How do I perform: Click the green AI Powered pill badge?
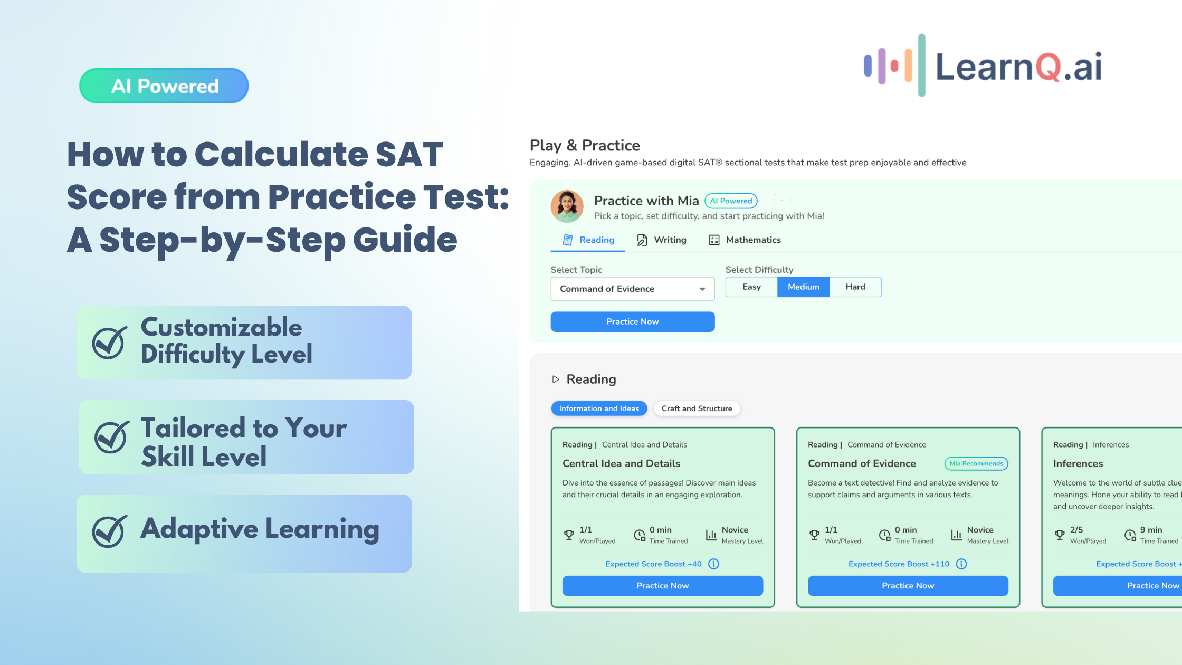click(x=164, y=85)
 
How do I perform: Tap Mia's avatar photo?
click(x=567, y=206)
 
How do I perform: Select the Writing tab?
click(x=662, y=240)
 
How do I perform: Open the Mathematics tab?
click(x=745, y=240)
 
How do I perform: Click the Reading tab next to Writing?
click(x=588, y=240)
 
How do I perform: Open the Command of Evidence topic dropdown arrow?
click(x=702, y=289)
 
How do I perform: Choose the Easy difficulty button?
click(x=751, y=287)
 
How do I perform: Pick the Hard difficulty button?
click(x=855, y=287)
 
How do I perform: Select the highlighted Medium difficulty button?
click(x=804, y=287)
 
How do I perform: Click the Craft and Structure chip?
click(x=697, y=408)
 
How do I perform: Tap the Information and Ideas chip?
click(x=599, y=408)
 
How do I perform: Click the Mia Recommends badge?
click(x=976, y=464)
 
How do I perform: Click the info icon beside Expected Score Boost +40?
click(x=713, y=564)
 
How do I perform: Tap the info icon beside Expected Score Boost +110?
click(x=961, y=564)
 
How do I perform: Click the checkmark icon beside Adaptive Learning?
click(x=110, y=531)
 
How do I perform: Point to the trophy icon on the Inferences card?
click(x=1060, y=535)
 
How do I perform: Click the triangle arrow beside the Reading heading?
click(x=556, y=379)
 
